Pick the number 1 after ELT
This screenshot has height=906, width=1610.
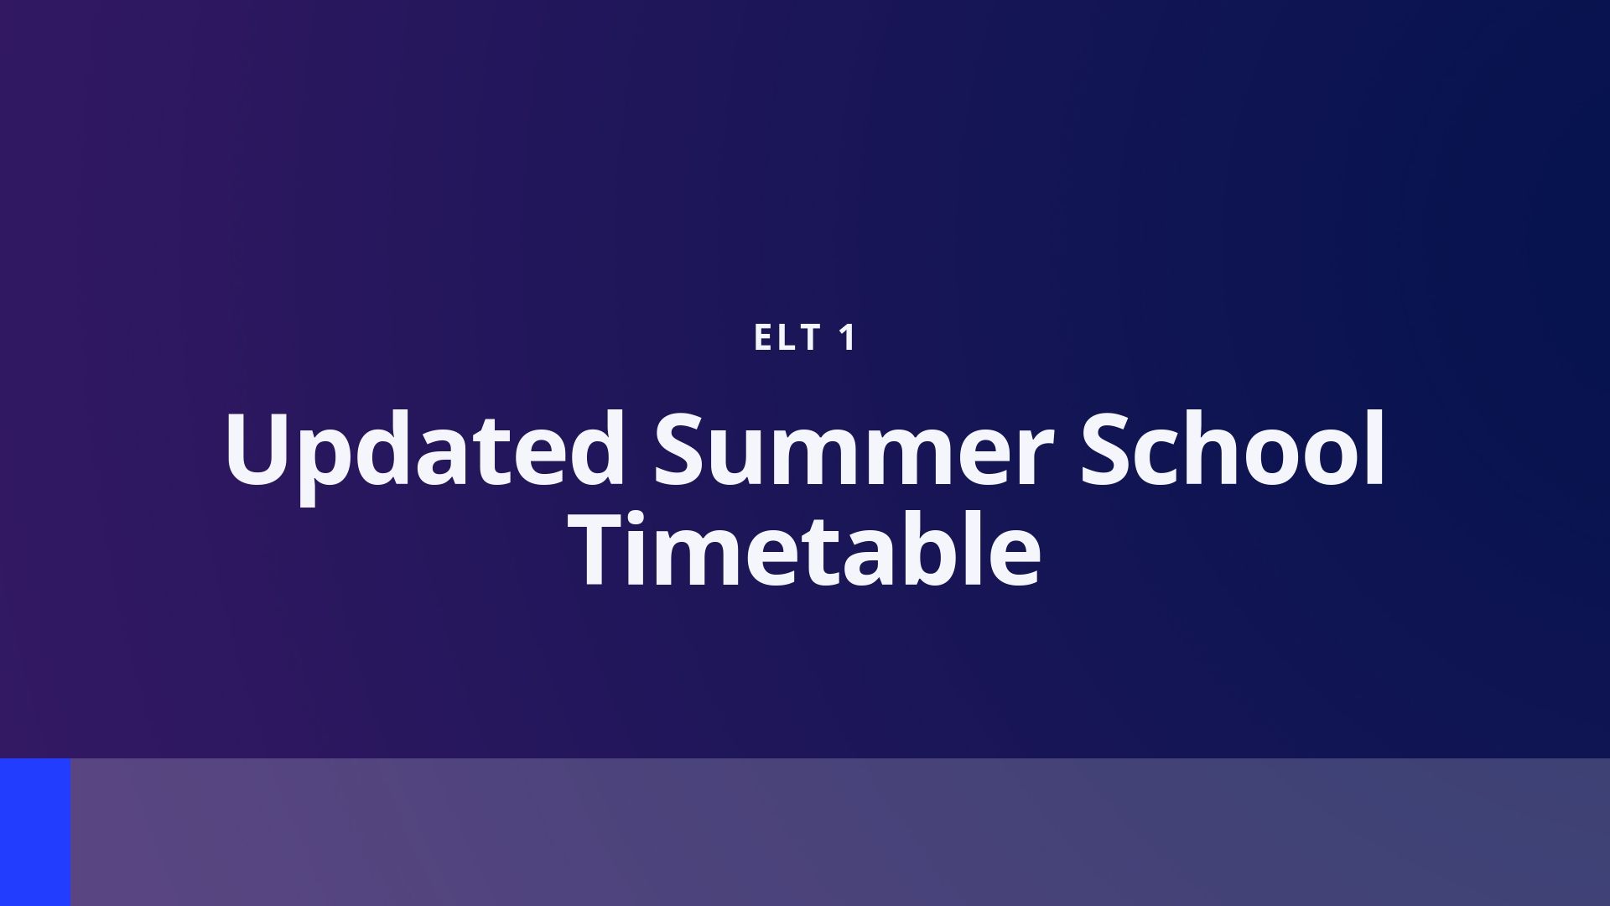[x=848, y=338]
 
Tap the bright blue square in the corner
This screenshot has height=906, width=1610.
[x=35, y=832]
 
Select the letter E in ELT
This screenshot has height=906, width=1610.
[x=763, y=338]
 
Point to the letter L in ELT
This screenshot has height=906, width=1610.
[x=787, y=338]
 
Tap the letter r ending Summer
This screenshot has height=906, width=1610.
[x=1034, y=458]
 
